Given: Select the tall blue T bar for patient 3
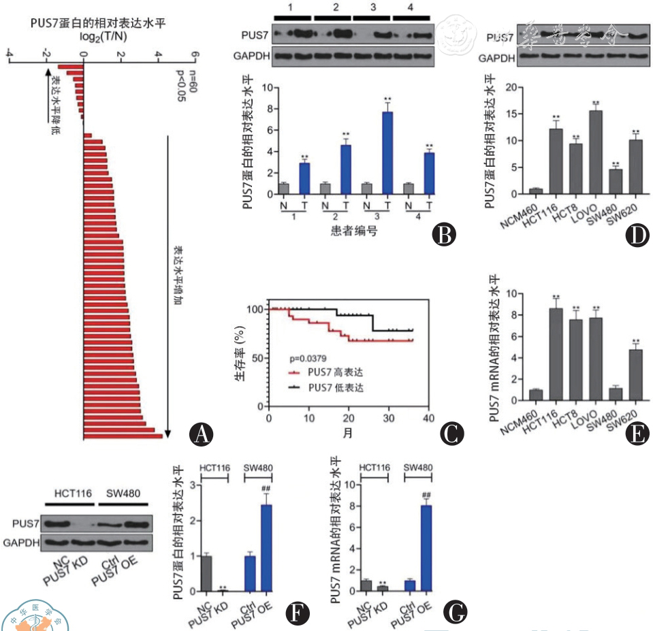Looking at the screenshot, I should click(x=387, y=153).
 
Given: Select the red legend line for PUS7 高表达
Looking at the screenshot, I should click(x=295, y=373).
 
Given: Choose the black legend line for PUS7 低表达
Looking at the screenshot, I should click(x=295, y=388).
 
